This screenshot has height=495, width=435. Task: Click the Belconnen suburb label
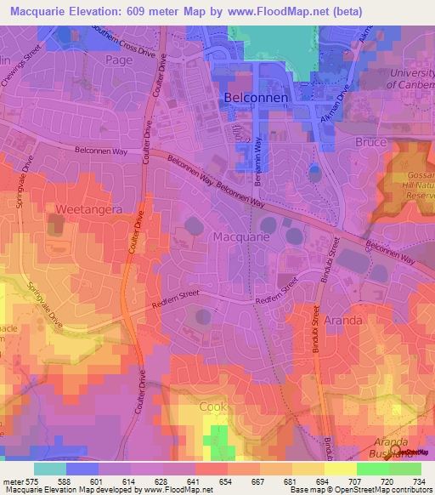257,99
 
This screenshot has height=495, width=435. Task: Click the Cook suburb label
215,407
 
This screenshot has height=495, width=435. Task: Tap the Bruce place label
370,142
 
